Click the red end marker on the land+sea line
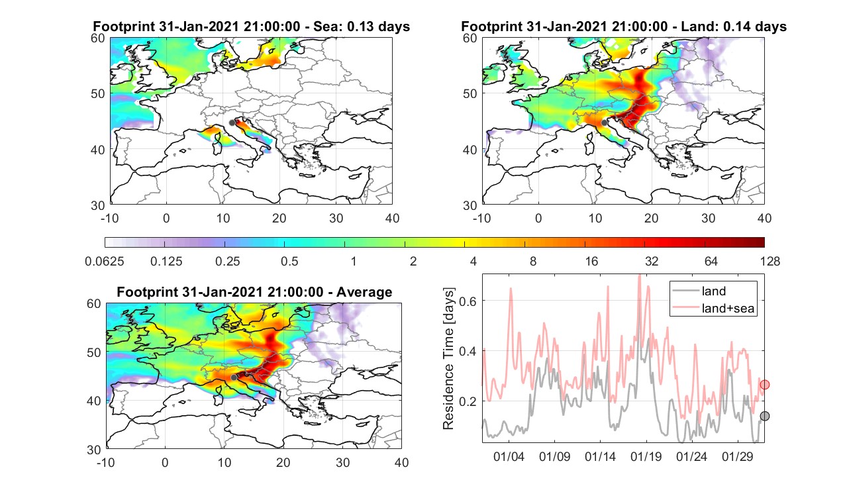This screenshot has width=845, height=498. click(764, 385)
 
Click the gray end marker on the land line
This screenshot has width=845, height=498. click(764, 416)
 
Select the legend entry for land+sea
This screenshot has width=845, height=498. click(728, 309)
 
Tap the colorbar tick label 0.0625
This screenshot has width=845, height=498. click(105, 262)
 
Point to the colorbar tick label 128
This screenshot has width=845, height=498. click(770, 262)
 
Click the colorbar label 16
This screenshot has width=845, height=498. click(591, 262)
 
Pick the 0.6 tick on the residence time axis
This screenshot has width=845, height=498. click(468, 301)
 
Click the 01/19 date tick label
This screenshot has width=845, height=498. click(646, 457)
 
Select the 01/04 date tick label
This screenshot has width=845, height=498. click(509, 457)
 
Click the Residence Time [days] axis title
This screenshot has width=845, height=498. click(448, 359)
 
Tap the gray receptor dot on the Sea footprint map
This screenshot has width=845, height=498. click(232, 123)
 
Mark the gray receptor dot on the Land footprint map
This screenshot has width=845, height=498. click(604, 123)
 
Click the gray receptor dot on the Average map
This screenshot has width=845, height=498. click(234, 377)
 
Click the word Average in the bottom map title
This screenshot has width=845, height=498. click(364, 293)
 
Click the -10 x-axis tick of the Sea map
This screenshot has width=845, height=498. click(109, 219)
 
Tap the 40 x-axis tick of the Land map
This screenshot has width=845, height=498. click(764, 219)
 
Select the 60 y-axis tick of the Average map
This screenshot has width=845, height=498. click(94, 304)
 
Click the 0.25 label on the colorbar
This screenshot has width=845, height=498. click(227, 262)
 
